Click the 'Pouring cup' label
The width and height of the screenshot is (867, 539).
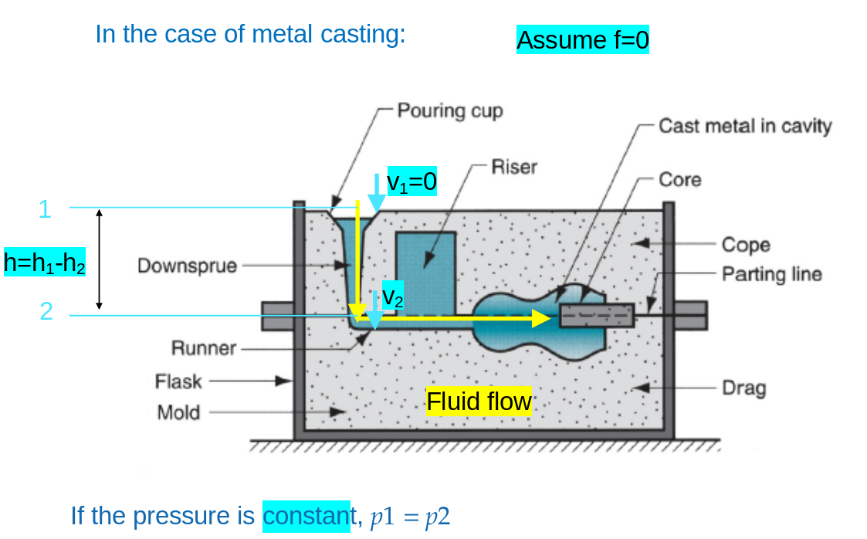(x=450, y=110)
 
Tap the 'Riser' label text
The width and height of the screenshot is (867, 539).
(x=514, y=167)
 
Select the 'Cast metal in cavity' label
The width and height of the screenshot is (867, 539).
(x=745, y=126)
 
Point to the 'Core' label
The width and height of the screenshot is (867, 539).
(x=680, y=180)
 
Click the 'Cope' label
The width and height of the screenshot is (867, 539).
(x=746, y=245)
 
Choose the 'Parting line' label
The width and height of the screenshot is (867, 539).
(x=772, y=274)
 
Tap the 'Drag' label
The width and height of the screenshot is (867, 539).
(x=744, y=387)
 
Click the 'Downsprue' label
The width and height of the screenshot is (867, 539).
(x=188, y=266)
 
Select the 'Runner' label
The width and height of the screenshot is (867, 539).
(x=204, y=348)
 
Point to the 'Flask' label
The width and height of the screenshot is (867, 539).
(x=178, y=381)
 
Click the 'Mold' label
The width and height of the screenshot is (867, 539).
(x=178, y=412)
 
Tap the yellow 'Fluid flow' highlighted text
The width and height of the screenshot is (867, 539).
(x=479, y=402)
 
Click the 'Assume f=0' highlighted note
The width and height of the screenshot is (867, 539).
(x=583, y=39)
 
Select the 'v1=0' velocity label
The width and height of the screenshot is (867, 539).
(x=411, y=181)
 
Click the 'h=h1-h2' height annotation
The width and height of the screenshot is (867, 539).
(x=45, y=263)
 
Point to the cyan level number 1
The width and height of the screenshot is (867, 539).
(x=45, y=209)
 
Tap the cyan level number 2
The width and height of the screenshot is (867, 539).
(x=46, y=312)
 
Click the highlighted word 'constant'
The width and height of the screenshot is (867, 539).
(x=306, y=515)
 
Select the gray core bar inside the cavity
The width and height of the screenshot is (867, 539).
(x=596, y=315)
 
